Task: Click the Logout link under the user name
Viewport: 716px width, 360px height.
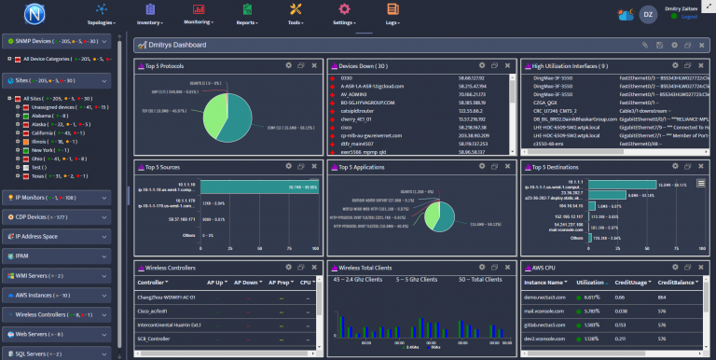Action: pos(689,17)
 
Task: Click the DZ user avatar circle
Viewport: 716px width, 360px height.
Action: pos(649,14)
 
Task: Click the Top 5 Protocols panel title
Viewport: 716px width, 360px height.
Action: pos(165,66)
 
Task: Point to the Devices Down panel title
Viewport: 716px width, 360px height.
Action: pos(364,66)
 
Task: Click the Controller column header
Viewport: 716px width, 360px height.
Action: pos(153,281)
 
